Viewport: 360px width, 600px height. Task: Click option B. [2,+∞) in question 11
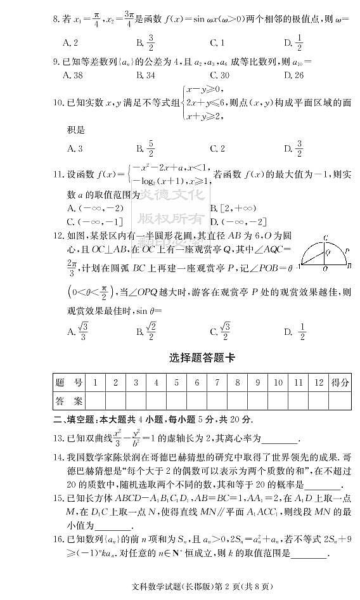234,207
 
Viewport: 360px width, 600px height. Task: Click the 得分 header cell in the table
340,382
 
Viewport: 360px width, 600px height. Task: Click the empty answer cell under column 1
95,401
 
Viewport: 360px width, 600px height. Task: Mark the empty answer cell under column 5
176,401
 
